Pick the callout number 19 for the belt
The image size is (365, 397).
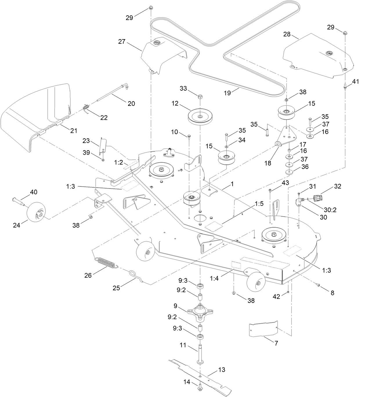[227, 93]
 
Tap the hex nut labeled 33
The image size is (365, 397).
[200, 97]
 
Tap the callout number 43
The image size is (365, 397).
[286, 183]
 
